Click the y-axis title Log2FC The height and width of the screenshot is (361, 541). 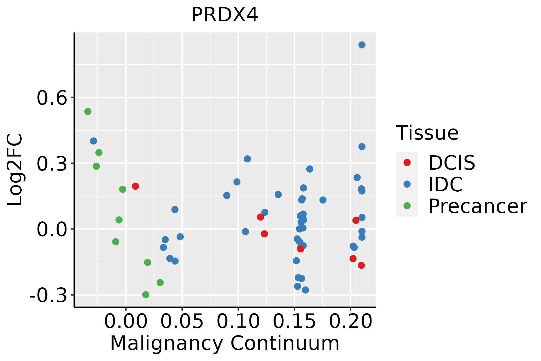(15, 170)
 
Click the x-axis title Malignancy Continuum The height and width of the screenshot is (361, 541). (225, 344)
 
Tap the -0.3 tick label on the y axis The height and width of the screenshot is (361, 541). (48, 296)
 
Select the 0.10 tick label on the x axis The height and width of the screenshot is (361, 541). (238, 322)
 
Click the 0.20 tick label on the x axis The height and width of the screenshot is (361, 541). (350, 322)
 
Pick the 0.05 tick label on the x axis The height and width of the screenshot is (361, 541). (182, 322)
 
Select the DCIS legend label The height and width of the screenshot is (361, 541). (451, 163)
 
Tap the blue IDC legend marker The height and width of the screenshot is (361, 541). (407, 184)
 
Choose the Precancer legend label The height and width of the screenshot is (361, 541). (477, 206)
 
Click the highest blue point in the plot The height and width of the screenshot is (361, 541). (362, 45)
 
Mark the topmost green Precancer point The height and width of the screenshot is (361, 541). (88, 112)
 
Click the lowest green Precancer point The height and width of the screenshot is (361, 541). (146, 295)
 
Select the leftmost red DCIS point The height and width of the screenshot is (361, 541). (135, 186)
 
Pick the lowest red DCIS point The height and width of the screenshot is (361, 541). (361, 265)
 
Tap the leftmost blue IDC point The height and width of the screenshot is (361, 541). (93, 141)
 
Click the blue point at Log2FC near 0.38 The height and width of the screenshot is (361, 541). (362, 147)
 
